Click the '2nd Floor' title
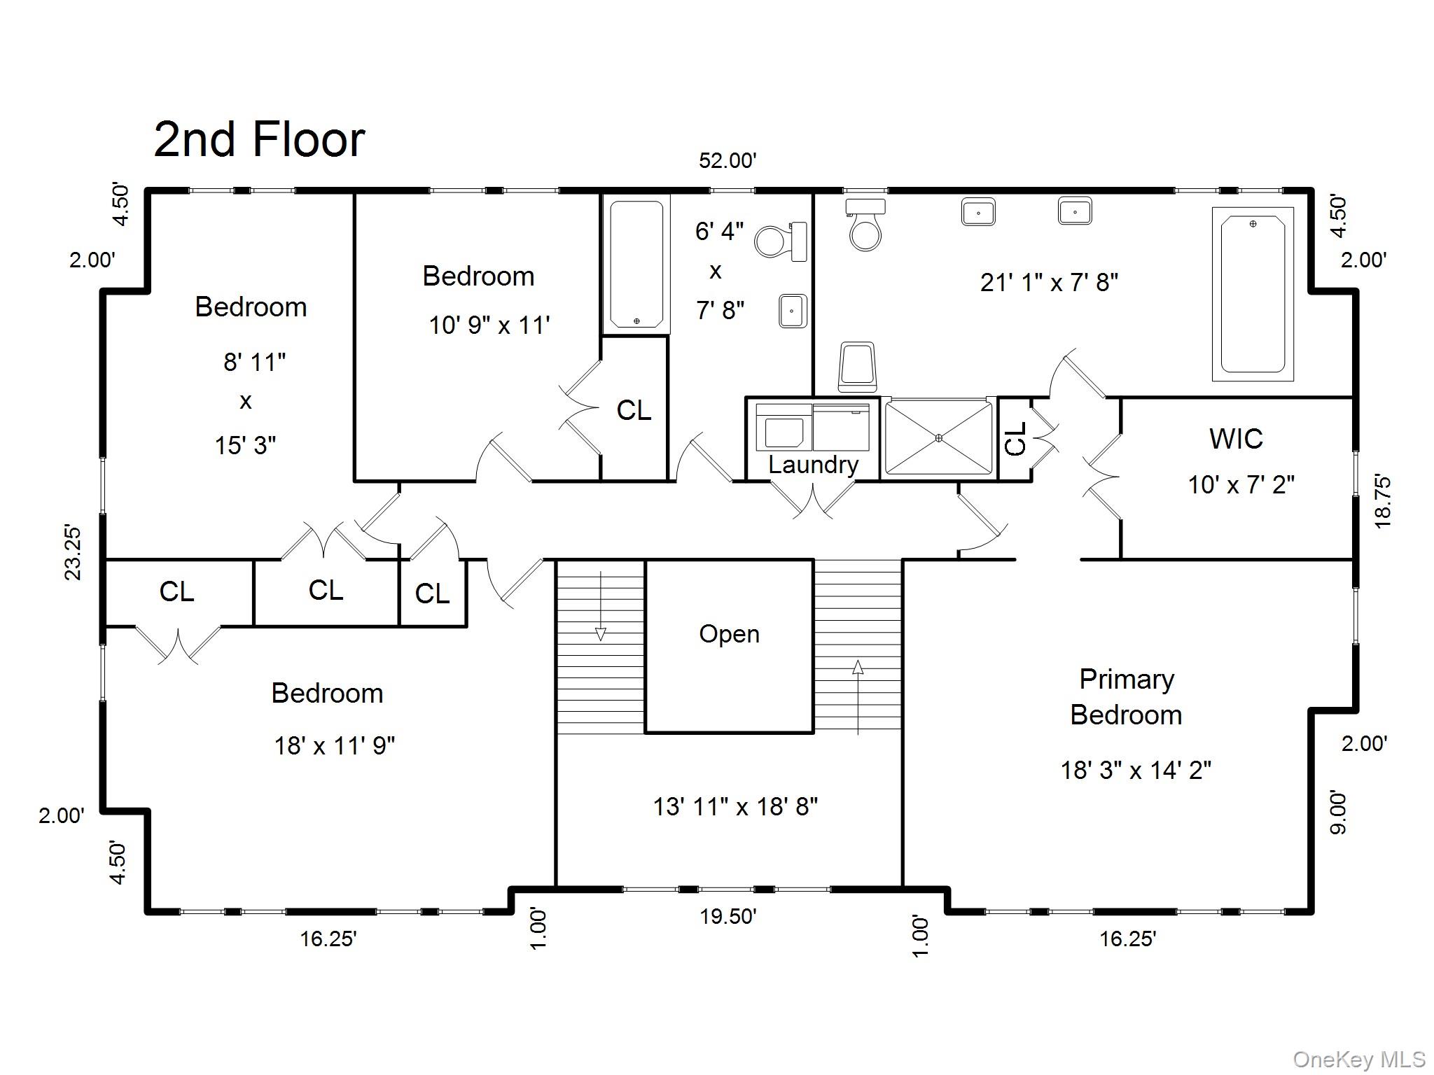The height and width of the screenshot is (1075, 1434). click(x=258, y=139)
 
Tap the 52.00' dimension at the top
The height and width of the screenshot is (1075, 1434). click(x=728, y=161)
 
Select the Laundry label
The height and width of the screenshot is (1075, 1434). click(x=813, y=465)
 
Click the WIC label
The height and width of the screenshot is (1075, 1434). click(x=1236, y=439)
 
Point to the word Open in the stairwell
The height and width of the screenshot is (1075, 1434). click(x=729, y=634)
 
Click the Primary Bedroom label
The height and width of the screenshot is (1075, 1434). click(x=1126, y=697)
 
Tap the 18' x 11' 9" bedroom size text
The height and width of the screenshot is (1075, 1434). click(x=334, y=746)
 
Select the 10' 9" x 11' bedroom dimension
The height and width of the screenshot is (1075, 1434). click(x=489, y=325)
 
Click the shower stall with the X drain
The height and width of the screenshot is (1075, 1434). click(x=938, y=438)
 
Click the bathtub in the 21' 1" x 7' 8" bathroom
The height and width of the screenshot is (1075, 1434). click(x=1253, y=294)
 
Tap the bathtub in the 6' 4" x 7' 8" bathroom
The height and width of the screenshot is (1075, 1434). click(x=636, y=264)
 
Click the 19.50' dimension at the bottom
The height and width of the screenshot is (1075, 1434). click(x=728, y=916)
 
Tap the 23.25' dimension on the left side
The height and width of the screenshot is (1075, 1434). click(x=74, y=553)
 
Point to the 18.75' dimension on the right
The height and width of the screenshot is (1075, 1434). click(x=1382, y=501)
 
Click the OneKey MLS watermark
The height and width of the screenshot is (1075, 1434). click(x=1358, y=1060)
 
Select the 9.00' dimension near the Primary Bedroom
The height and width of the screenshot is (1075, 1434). click(x=1337, y=812)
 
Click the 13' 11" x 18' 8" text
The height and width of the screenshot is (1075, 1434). click(x=735, y=807)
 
